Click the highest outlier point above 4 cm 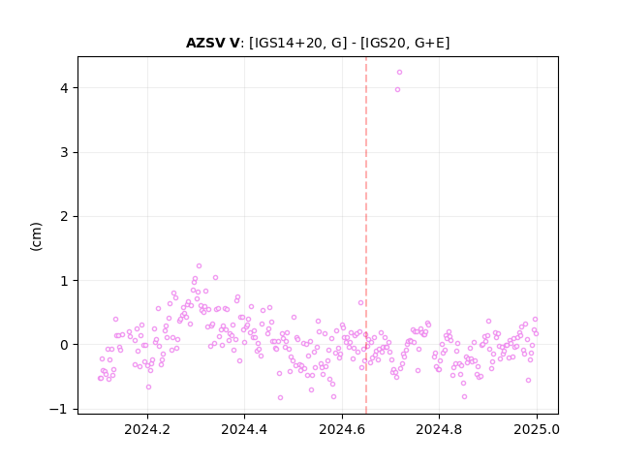(399, 72)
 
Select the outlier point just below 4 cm (397, 89)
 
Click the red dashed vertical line (366, 235)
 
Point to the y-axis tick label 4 (64, 88)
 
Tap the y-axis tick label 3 (64, 152)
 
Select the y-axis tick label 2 (64, 216)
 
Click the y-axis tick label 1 (64, 280)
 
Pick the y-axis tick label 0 (64, 345)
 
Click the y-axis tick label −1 (58, 409)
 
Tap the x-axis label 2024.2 (147, 429)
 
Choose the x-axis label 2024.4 (244, 429)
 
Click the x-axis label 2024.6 (342, 429)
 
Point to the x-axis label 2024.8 (439, 429)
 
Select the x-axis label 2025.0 (537, 429)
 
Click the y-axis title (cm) (36, 236)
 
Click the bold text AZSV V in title (213, 43)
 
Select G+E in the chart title (429, 43)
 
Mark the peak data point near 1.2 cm (199, 265)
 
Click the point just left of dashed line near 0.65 (360, 302)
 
